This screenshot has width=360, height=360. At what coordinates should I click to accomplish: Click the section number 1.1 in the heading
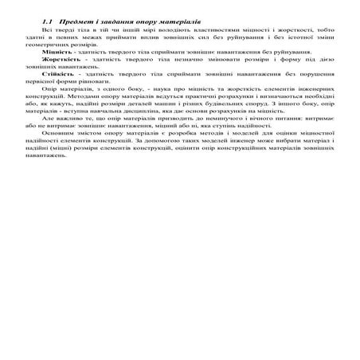[45, 17]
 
